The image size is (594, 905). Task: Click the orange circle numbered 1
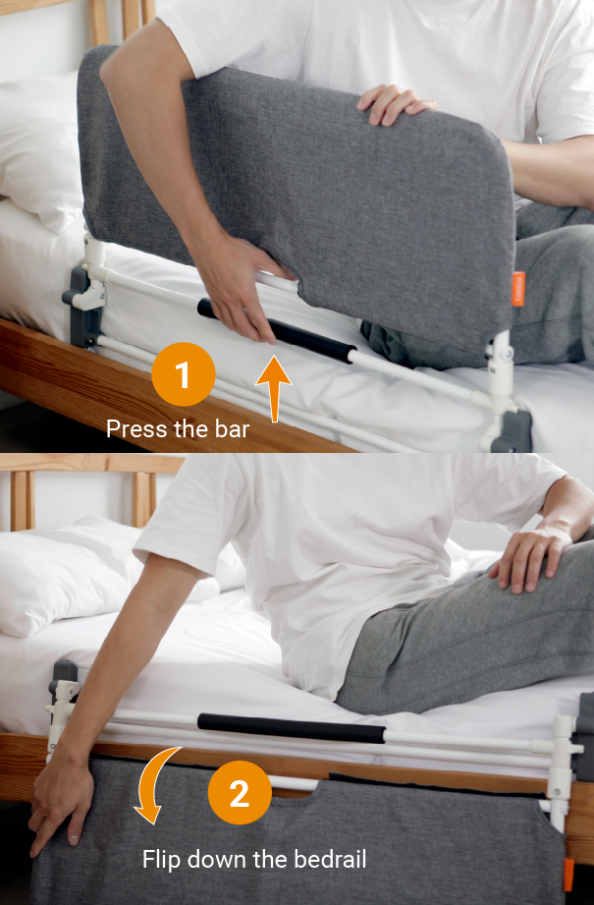184,374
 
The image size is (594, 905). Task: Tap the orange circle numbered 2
240,792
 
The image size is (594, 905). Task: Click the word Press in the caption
135,428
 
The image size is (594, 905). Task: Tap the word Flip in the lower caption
163,860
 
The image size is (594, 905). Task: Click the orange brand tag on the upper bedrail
517,288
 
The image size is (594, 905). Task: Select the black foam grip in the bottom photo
291,728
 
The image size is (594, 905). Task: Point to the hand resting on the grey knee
530,555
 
